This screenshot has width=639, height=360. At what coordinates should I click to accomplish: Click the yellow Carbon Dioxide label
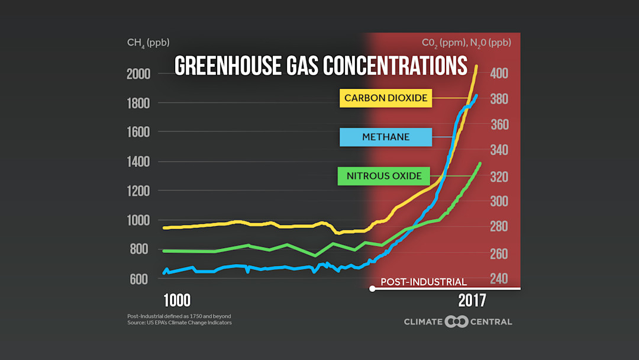(x=386, y=98)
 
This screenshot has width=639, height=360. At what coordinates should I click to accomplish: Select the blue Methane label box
(x=385, y=137)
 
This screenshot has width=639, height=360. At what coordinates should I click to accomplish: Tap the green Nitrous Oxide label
(x=384, y=176)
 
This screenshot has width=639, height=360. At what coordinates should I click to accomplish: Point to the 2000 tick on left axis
(x=138, y=74)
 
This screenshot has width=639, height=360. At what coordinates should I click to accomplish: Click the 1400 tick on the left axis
(x=138, y=162)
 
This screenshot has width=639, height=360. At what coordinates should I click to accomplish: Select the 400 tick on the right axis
(x=499, y=74)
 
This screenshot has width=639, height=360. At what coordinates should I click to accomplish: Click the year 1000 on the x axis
(x=176, y=300)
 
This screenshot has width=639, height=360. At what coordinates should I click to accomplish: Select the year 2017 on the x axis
(x=472, y=300)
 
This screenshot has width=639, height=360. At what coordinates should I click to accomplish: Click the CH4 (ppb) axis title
(x=148, y=43)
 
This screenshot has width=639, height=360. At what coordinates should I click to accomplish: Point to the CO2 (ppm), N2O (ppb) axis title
(x=466, y=43)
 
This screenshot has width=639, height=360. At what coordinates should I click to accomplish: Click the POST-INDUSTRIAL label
(x=424, y=282)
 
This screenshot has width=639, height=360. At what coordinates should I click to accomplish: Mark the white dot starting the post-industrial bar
(x=372, y=289)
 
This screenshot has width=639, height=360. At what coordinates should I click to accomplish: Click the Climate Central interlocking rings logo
(x=457, y=322)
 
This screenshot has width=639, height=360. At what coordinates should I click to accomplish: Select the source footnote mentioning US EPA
(x=179, y=323)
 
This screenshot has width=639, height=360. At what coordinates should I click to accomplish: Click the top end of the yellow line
(x=476, y=66)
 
